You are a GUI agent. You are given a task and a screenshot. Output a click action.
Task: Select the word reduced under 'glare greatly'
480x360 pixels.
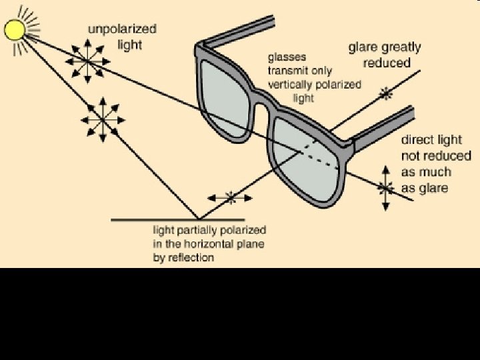coord(387,63)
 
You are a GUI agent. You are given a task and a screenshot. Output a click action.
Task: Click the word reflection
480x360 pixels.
coord(190,257)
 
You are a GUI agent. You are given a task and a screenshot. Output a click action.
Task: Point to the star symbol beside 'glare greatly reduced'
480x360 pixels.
coord(385,95)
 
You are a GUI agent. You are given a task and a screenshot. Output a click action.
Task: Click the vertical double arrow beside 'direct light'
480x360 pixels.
coord(385,188)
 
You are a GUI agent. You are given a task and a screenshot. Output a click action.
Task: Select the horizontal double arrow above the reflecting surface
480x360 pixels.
coord(231,197)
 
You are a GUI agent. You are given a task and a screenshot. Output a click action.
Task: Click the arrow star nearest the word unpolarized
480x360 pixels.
coord(87,61)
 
